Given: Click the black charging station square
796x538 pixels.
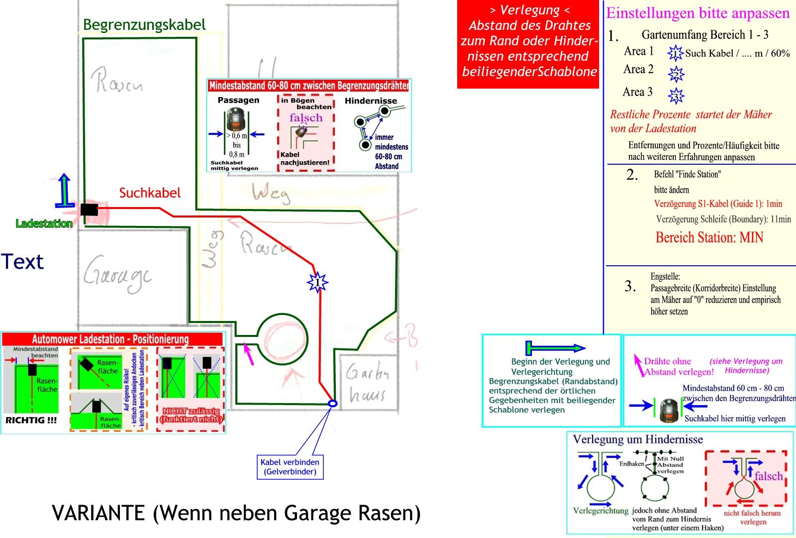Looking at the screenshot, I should (x=89, y=210).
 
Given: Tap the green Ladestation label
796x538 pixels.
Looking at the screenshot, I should (x=44, y=224).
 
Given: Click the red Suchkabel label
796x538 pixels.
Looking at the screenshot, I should (x=150, y=193).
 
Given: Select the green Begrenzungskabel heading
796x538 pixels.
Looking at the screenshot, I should (x=144, y=24).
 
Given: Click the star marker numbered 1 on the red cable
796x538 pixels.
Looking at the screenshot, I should (x=317, y=283).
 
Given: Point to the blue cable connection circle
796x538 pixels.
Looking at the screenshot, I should (x=333, y=404).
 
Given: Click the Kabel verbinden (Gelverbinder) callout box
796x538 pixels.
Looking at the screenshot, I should (x=290, y=467).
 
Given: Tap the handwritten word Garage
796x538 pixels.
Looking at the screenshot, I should (x=117, y=275).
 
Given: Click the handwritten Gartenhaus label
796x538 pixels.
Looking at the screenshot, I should (x=367, y=383).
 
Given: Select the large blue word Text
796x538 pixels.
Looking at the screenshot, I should (x=22, y=262).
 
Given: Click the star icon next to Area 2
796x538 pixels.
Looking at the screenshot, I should (x=676, y=74).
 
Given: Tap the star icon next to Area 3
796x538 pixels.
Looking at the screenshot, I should (x=676, y=96).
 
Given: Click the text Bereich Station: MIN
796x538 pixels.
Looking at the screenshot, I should (x=709, y=237).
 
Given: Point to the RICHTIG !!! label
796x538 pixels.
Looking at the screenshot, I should (x=31, y=420).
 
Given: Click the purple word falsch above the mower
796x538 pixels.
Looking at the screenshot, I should (x=306, y=118).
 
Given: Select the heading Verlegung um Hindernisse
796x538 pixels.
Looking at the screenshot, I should (x=638, y=439).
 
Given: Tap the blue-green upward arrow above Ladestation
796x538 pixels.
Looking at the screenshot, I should (x=64, y=190).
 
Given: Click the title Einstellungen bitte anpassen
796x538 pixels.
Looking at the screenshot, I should (x=697, y=13).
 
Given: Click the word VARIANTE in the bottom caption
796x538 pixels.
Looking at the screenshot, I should (x=98, y=513).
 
